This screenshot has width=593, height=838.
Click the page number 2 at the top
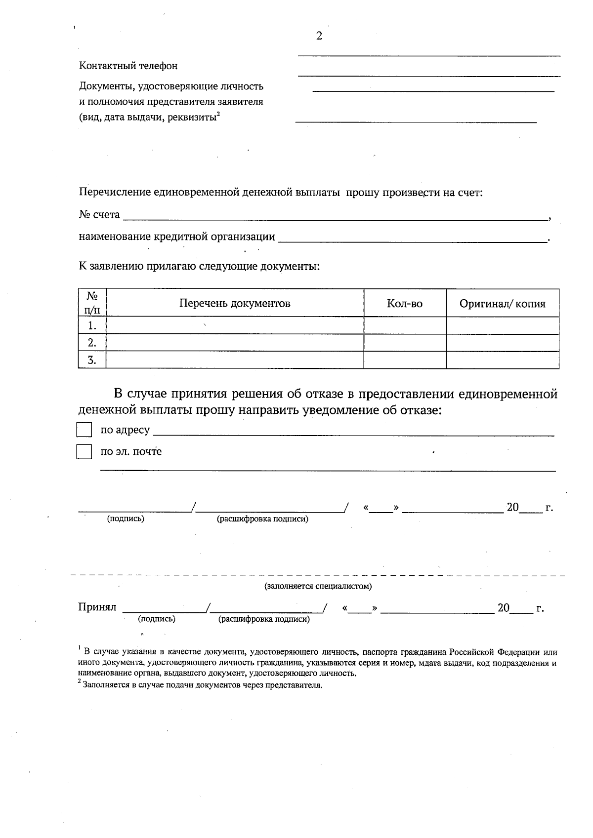pos(319,36)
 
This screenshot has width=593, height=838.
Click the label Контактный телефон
pos(128,66)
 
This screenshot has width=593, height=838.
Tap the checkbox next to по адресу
pos(84,430)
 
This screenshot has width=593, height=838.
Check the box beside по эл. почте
pos(84,451)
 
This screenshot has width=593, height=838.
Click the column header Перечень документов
pos(235,303)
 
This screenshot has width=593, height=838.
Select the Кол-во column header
pos(405,303)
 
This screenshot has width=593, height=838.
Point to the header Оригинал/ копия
pos(503,303)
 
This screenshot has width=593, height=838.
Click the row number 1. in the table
pos(92,325)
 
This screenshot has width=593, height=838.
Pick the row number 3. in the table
pos(92,360)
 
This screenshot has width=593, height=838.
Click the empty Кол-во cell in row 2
pos(405,343)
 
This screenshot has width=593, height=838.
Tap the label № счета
pos(99,215)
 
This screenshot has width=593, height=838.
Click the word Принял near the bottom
pos(97,607)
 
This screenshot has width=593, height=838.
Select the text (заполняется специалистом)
pos(318,586)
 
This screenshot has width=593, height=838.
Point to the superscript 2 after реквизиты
pos(218,114)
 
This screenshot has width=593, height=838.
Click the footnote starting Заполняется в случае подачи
pos(202,685)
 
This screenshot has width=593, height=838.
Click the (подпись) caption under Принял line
pos(157,619)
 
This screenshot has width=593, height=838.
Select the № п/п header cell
pos(92,303)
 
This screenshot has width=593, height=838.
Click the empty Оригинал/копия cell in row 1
pos(503,325)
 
